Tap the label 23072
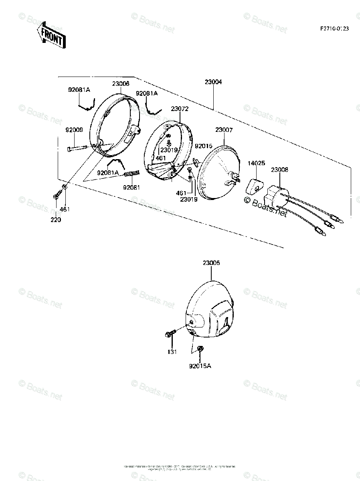179,109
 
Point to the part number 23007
224,130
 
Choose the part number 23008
279,170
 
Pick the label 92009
75,130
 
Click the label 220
56,219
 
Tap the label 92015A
200,365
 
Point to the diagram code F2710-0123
334,28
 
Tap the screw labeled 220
56,196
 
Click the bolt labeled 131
171,333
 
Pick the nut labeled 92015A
200,349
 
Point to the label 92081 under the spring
131,187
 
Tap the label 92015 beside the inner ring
204,146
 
